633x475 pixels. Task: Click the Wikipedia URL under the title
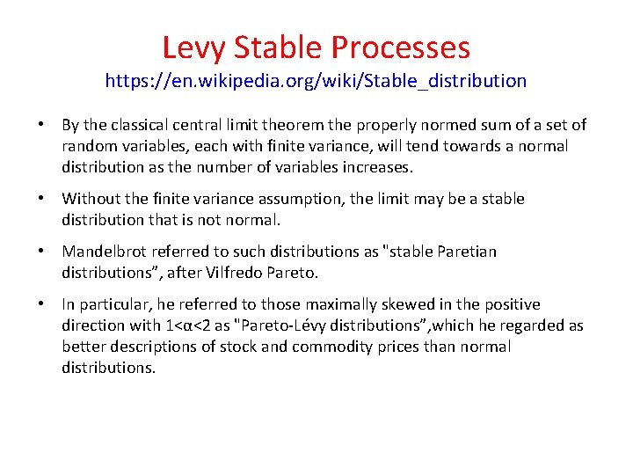(316, 82)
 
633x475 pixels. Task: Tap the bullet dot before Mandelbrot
(42, 252)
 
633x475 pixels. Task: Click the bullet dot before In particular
(42, 304)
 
